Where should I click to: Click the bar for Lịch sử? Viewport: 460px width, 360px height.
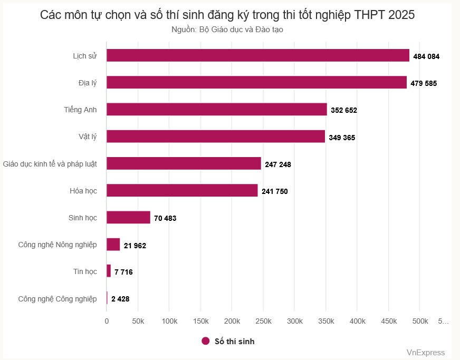pos(258,55)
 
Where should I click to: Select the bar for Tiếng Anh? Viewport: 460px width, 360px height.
pos(217,109)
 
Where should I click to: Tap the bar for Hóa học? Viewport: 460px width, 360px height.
pos(182,190)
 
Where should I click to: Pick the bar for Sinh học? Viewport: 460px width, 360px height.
pos(128,217)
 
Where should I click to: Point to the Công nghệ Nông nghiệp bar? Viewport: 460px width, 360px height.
pos(113,245)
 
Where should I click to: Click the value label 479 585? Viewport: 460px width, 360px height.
pos(424,83)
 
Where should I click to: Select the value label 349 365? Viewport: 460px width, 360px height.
pos(342,138)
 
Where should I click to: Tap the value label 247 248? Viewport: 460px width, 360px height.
pos(278,164)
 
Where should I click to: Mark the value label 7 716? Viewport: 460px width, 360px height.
pos(124,272)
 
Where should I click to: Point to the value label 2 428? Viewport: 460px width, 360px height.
pos(120,299)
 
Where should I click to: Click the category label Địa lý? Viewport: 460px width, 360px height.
pos(87,83)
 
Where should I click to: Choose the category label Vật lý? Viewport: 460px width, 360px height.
pos(87,137)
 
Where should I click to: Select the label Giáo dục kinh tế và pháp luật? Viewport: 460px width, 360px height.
pos(50,164)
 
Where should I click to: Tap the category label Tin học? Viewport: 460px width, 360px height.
pos(85,271)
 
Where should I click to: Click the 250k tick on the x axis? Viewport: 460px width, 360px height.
pos(263,321)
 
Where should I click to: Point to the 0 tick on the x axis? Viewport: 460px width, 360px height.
pos(107,321)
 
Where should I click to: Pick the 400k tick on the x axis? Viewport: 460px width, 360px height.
pos(357,321)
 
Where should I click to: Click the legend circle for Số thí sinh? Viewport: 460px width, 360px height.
pos(206,341)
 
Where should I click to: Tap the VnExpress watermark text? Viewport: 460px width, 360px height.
pos(425,353)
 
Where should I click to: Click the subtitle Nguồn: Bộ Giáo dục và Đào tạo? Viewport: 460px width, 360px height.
pos(227,30)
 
